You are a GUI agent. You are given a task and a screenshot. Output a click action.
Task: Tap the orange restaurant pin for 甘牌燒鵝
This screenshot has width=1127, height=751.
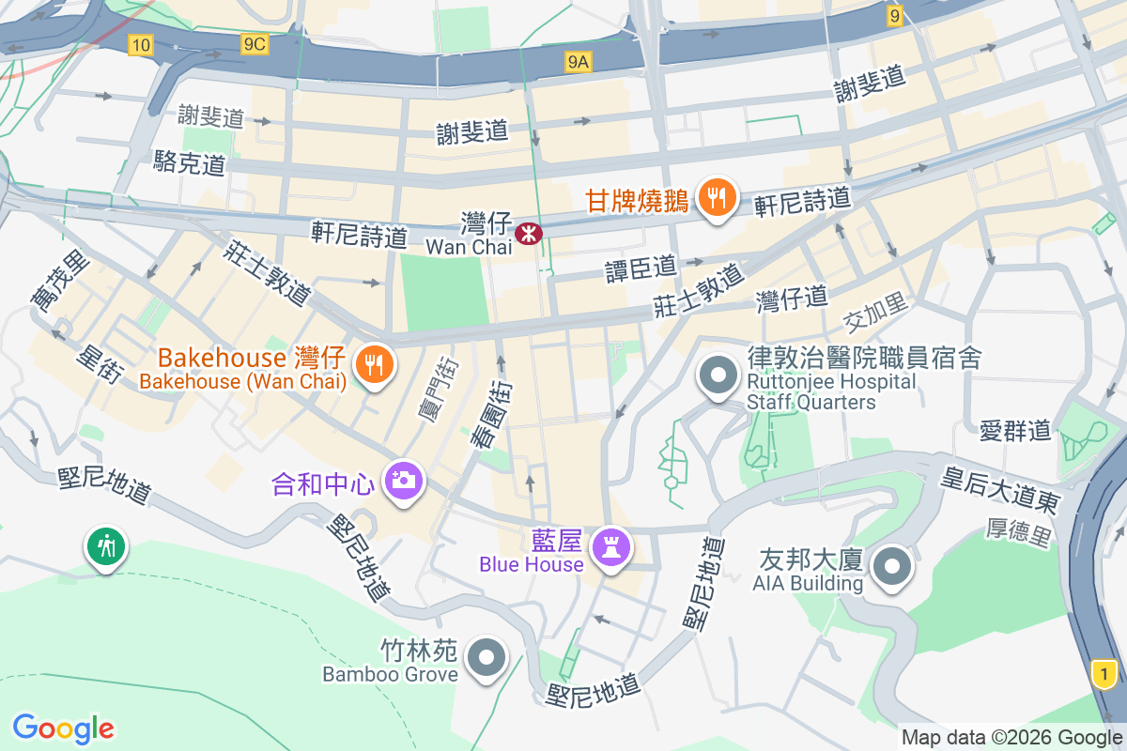tap(718, 198)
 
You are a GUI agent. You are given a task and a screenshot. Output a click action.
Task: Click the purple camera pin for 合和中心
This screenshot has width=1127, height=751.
tap(405, 482)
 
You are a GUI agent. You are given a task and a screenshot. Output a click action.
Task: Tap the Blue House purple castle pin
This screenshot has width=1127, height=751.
tap(611, 548)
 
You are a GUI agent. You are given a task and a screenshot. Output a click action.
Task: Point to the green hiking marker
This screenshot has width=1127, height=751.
tap(107, 545)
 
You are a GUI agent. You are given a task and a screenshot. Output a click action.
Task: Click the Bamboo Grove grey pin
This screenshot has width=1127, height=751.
tap(486, 658)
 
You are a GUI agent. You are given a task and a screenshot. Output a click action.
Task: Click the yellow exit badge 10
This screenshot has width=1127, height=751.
tap(141, 44)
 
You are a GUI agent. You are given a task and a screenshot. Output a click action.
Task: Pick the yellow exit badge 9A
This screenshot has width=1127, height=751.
tap(579, 62)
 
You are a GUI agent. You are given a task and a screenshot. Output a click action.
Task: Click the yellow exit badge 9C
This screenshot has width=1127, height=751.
tap(254, 44)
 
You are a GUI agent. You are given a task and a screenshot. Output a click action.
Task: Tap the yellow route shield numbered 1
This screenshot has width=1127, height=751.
tap(1105, 672)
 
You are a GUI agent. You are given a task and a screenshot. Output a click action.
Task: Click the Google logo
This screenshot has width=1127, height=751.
tap(64, 728)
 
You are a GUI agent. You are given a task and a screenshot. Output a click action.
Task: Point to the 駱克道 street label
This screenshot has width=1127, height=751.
tap(190, 163)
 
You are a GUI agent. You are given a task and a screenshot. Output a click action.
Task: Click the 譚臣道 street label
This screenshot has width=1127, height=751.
tap(641, 268)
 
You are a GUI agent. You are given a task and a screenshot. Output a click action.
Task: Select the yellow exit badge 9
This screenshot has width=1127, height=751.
tap(894, 15)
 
